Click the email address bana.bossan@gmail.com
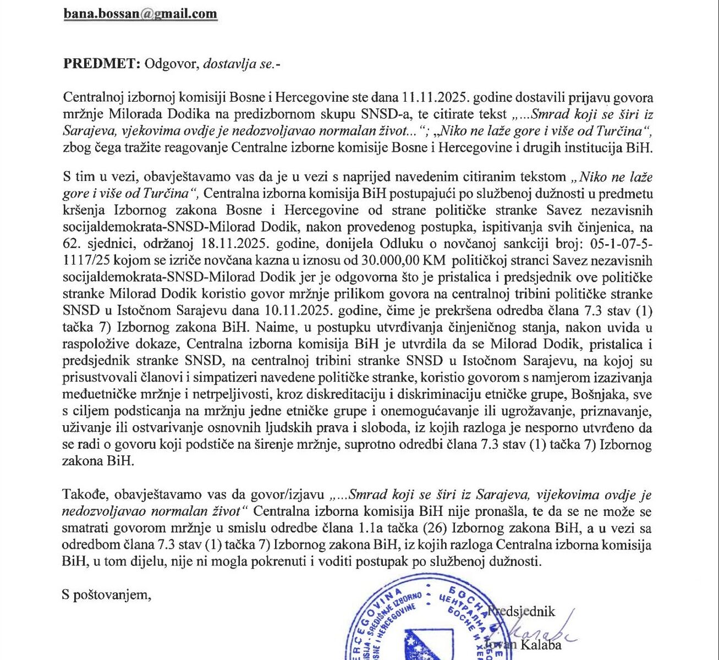point(140,14)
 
